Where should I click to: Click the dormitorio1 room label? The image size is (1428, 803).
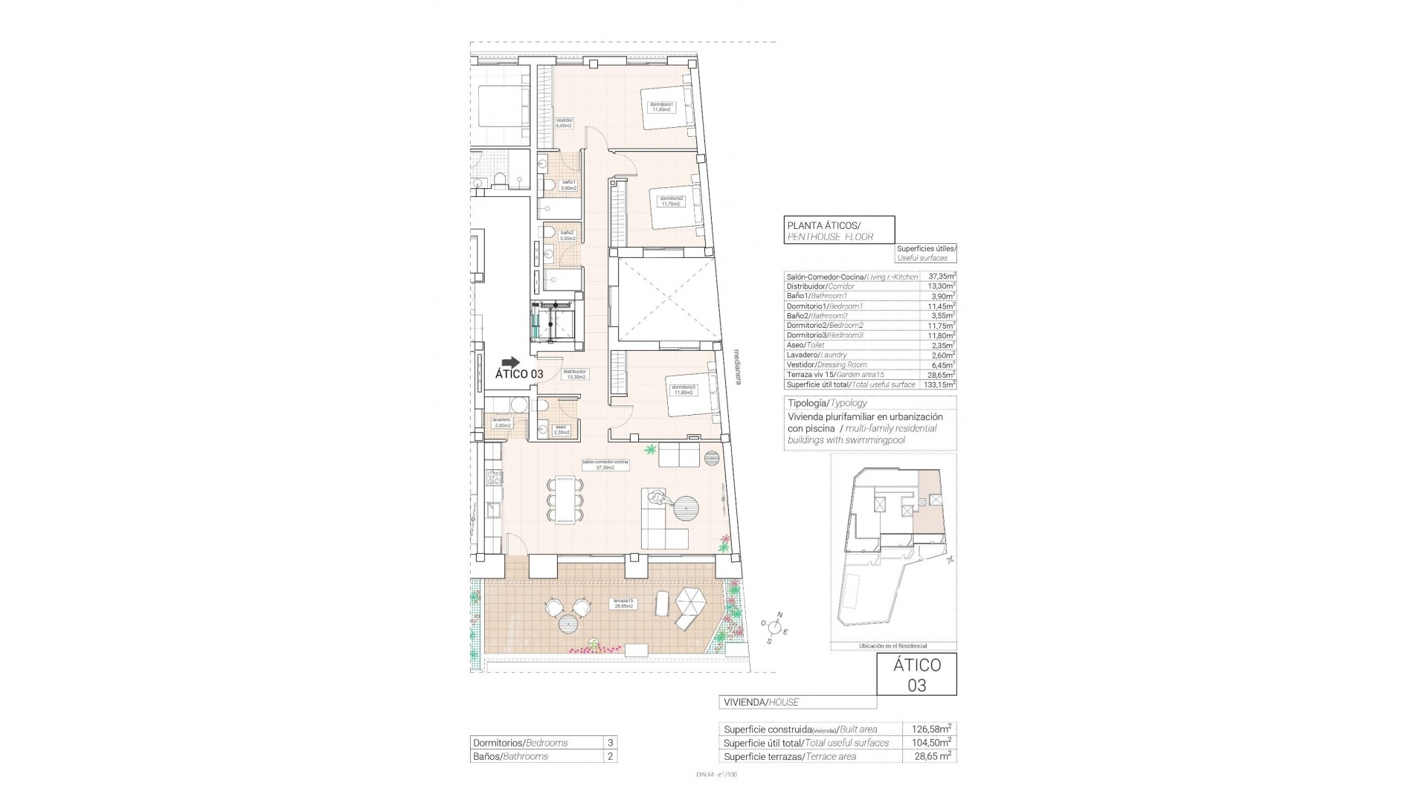pos(661,106)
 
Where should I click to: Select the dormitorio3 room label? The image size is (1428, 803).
pos(684,390)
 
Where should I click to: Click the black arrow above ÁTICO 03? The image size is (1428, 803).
pos(511,361)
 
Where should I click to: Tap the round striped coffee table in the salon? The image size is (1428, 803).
pos(686,511)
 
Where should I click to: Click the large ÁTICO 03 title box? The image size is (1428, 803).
pos(916,674)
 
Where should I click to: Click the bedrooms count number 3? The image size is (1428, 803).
pos(610,743)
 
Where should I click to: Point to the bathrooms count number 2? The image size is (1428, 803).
pos(610,756)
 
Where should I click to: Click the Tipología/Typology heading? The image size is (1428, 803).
pos(827,403)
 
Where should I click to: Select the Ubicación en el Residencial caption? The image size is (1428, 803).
pos(892,646)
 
